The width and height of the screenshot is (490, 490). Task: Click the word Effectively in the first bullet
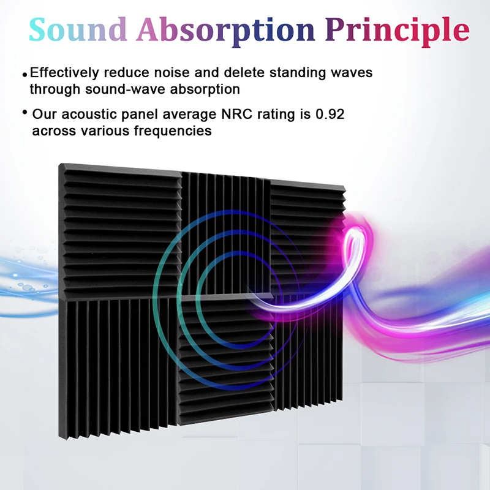point(64,73)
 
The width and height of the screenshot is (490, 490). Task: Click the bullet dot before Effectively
point(25,75)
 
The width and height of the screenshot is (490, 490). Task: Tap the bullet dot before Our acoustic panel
point(25,113)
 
